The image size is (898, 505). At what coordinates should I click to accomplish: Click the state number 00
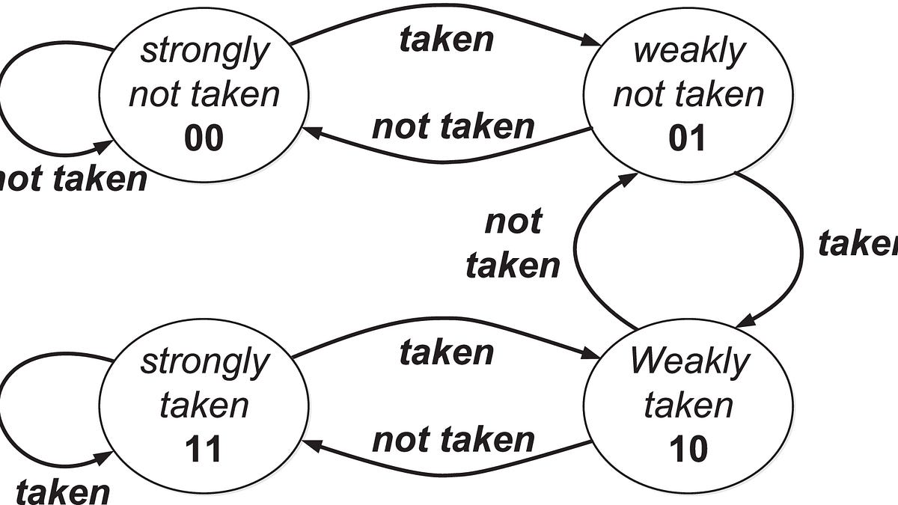204,139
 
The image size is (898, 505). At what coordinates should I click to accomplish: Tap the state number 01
687,139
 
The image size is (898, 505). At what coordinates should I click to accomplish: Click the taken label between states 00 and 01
447,40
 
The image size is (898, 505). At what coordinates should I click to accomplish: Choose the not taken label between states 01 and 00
453,127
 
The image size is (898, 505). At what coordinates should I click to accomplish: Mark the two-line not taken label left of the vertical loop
513,244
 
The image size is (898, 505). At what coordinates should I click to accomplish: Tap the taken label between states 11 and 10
447,352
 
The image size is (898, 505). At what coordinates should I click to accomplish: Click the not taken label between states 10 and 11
453,440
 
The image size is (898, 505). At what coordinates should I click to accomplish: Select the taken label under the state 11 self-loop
63,492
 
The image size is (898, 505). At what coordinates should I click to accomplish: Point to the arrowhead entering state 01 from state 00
591,42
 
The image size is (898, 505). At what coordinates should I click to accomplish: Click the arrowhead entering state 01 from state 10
629,180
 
